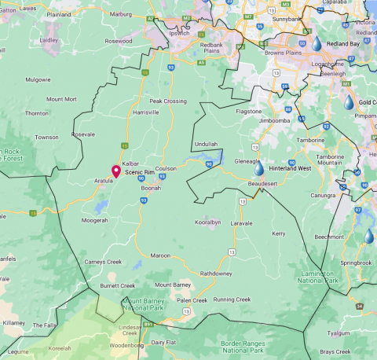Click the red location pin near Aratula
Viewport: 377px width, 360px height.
(x=116, y=171)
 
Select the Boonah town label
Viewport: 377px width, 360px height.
(x=150, y=188)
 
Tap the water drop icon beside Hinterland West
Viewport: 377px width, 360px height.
(x=259, y=167)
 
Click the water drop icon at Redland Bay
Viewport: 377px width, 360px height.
(x=317, y=46)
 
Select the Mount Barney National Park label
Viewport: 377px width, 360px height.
(x=153, y=305)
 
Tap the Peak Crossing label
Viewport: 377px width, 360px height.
(x=168, y=101)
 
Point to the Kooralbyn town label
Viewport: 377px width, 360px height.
(x=207, y=222)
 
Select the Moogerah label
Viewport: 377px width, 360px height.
(x=94, y=221)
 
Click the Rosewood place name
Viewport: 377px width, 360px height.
(x=118, y=40)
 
